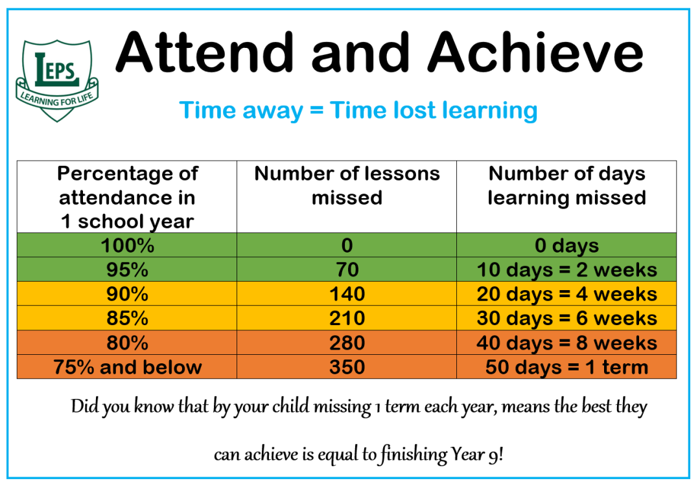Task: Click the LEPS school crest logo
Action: (56, 80)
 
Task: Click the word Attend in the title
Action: (205, 52)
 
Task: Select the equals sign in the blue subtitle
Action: (316, 110)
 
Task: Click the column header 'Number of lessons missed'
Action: (347, 185)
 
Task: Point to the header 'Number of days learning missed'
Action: (566, 186)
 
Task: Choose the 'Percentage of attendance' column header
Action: (127, 197)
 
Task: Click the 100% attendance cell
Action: (127, 245)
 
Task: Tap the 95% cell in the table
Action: (127, 269)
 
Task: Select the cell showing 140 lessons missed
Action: (347, 293)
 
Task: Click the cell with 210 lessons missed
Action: (347, 318)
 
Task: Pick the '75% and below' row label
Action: (127, 367)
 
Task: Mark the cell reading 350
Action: (347, 367)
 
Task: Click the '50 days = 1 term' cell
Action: (566, 367)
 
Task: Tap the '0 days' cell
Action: (566, 245)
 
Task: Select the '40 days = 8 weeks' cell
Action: (566, 343)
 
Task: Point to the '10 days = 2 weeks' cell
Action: (566, 269)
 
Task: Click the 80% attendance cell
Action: (127, 343)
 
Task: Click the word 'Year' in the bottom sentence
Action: (467, 454)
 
